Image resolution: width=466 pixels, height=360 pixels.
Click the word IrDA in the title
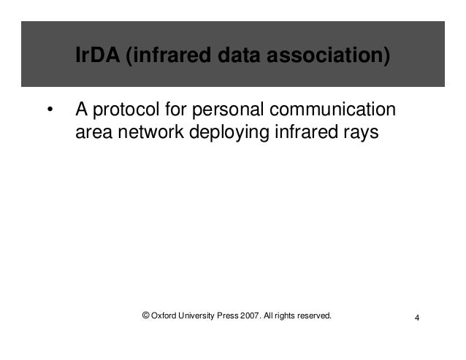[98, 55]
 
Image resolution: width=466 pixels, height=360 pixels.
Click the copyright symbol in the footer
[146, 315]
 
